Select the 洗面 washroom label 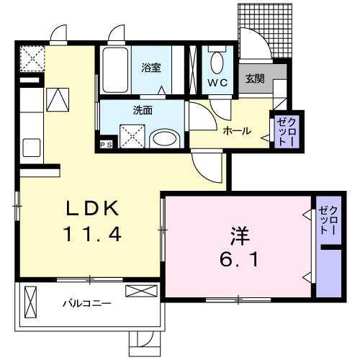tap(141, 111)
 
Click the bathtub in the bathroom tap(114, 71)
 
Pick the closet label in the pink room tap(329, 220)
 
